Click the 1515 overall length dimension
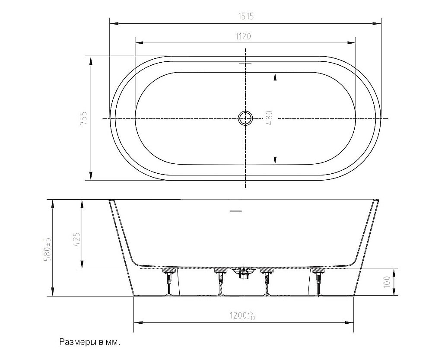[x=246, y=16]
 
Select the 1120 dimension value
[x=243, y=36]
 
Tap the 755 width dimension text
[x=83, y=118]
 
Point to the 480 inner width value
[x=269, y=118]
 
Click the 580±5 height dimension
[x=48, y=248]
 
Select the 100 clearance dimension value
[x=387, y=282]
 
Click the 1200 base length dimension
[x=243, y=315]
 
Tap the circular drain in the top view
[x=245, y=118]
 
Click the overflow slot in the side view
[x=235, y=211]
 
